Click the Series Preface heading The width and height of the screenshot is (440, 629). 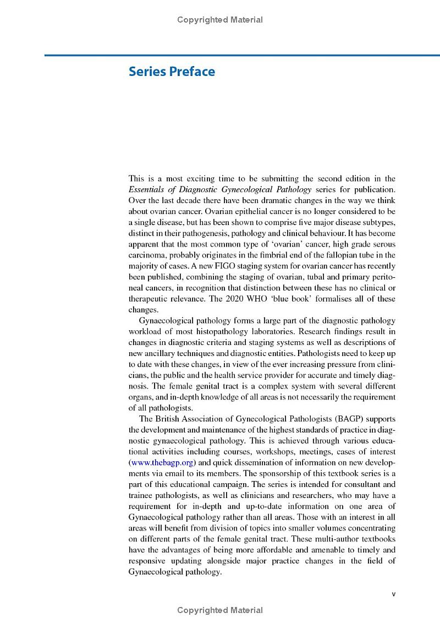tap(172, 72)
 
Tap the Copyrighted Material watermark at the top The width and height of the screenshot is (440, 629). tap(220, 20)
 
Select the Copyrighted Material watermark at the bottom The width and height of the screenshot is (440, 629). tap(220, 610)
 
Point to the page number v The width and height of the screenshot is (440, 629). tap(393, 594)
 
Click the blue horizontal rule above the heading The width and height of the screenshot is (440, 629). tap(242, 55)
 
